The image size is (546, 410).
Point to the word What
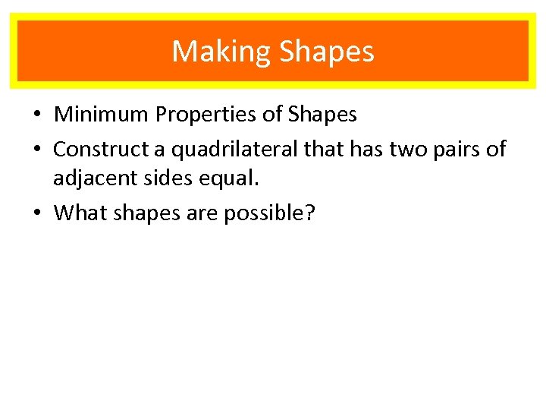pos(80,213)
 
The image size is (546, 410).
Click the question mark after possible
pos(310,213)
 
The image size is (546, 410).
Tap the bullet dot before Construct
pos(37,150)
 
